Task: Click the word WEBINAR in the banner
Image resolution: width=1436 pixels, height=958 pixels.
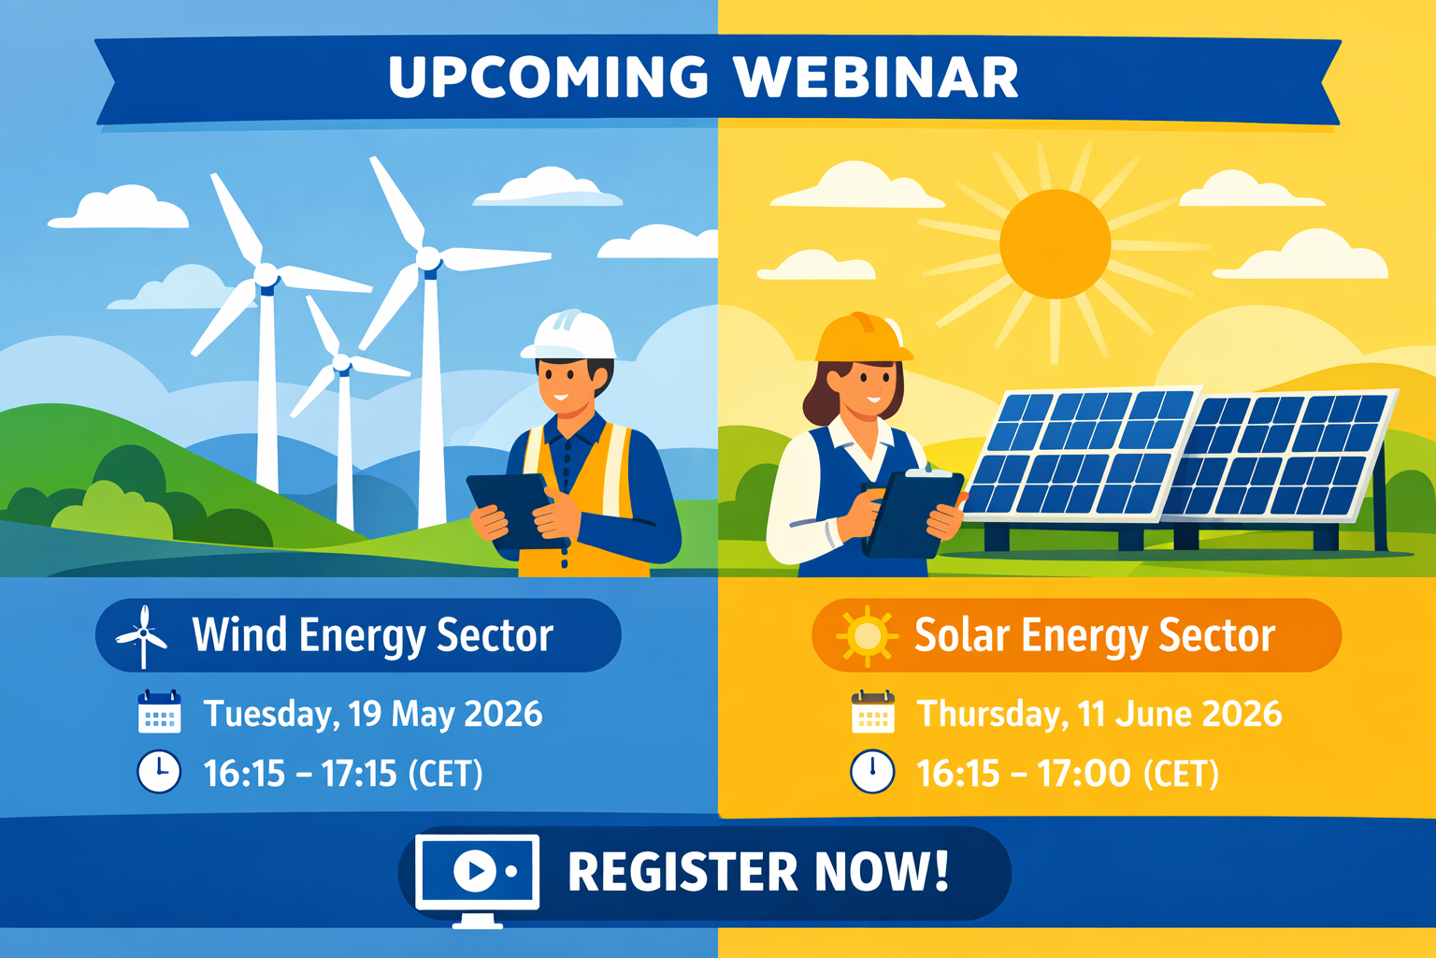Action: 876,78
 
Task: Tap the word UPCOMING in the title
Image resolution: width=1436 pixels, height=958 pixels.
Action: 549,78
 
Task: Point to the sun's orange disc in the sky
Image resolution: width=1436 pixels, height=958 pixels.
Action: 1055,244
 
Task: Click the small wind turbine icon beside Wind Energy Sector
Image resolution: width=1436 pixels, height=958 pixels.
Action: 142,636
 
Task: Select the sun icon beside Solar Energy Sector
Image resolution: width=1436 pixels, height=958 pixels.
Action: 867,636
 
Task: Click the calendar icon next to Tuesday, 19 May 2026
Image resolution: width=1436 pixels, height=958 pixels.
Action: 159,713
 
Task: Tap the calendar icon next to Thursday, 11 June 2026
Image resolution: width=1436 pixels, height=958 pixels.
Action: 872,713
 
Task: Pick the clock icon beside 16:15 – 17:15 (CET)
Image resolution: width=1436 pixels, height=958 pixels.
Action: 159,773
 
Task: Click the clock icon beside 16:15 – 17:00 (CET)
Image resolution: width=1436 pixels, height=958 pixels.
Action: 872,773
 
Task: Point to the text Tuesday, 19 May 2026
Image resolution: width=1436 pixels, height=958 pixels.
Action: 373,714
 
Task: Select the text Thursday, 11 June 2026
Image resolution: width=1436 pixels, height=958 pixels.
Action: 1099,714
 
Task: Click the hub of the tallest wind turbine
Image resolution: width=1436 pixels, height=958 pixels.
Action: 428,257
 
